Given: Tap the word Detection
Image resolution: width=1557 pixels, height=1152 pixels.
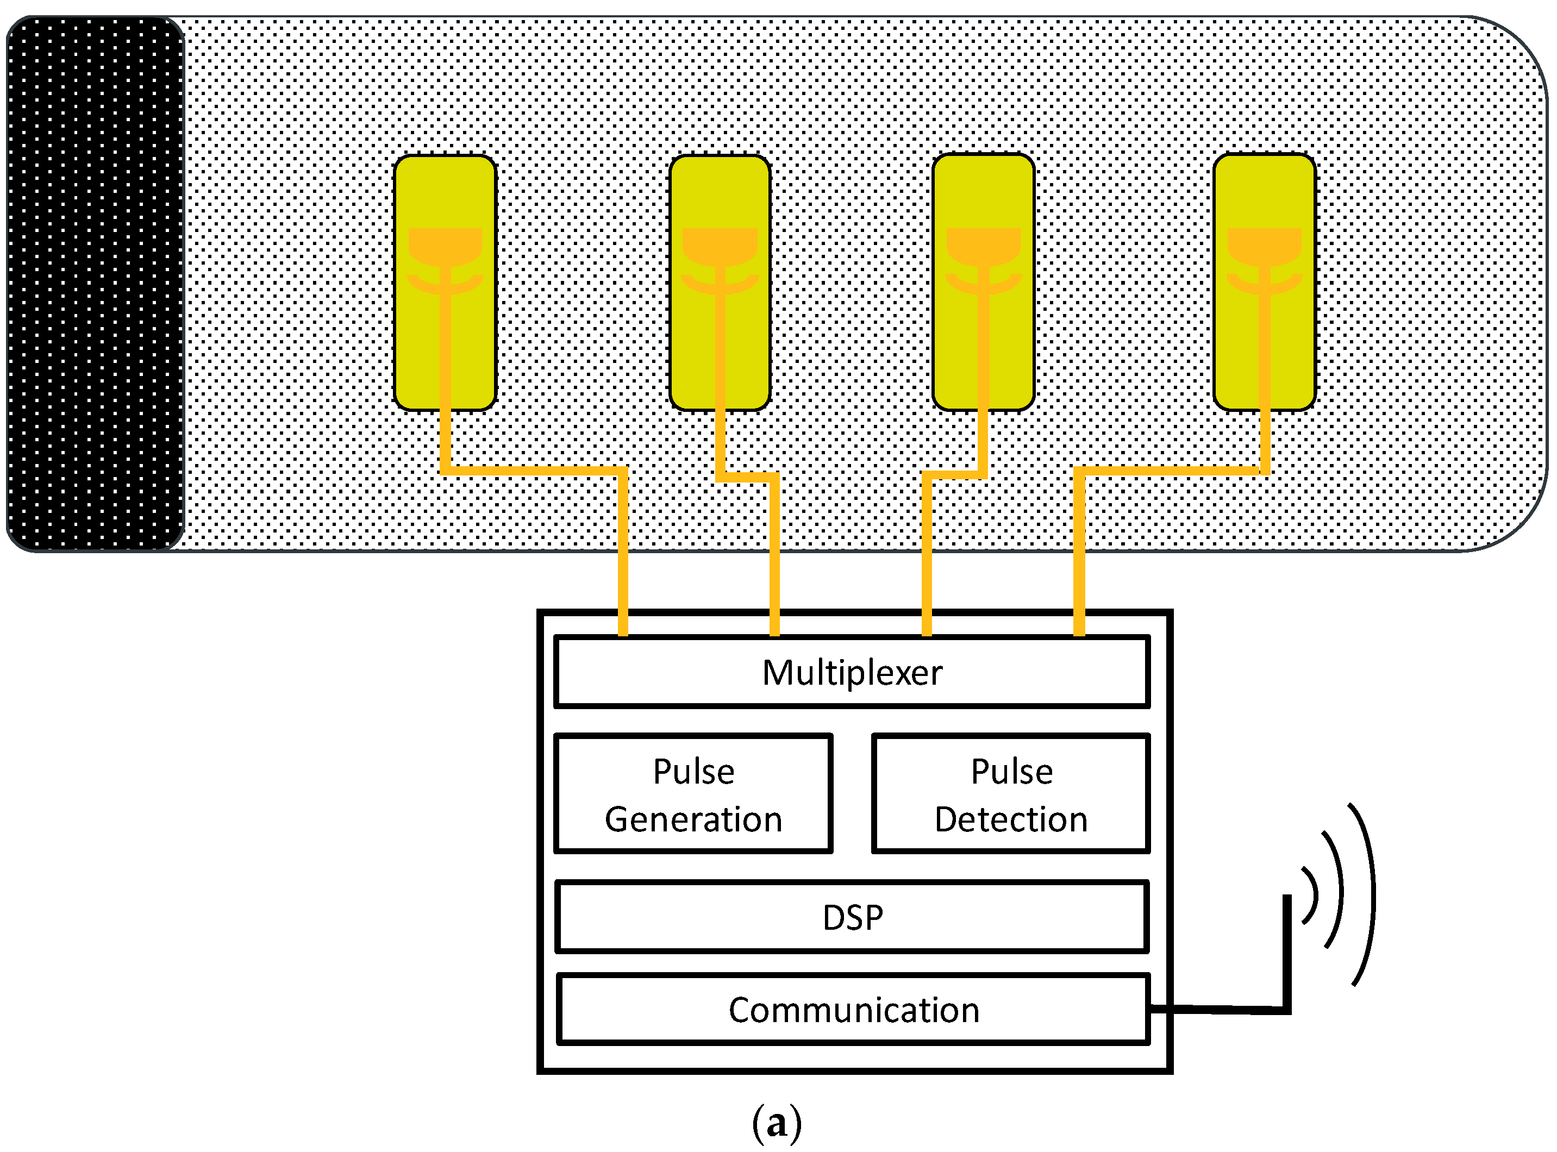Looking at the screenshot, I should (x=1010, y=819).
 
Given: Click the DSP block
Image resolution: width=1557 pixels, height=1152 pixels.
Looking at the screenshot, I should (x=852, y=917).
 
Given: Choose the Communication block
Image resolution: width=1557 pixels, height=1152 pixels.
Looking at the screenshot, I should (x=853, y=1010).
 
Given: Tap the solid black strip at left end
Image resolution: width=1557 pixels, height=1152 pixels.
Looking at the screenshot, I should (x=94, y=283).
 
